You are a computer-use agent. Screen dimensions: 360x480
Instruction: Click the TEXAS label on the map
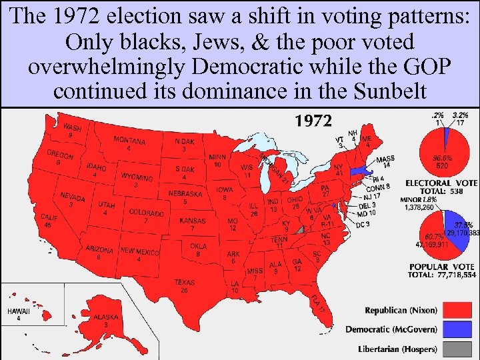click(185, 283)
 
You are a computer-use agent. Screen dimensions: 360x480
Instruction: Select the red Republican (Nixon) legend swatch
click(457, 311)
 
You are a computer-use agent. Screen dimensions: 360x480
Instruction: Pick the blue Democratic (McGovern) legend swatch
click(457, 329)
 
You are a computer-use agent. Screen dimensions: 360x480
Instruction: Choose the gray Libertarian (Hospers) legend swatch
click(457, 348)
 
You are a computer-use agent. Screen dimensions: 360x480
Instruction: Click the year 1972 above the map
click(313, 121)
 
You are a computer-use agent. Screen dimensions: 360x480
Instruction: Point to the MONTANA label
click(129, 141)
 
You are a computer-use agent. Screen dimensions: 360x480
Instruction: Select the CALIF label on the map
click(49, 217)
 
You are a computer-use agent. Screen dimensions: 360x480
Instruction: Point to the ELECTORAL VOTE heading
click(441, 183)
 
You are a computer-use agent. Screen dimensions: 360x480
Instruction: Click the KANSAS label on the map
click(193, 221)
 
